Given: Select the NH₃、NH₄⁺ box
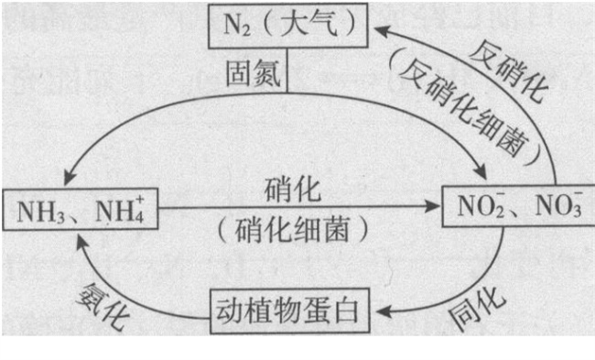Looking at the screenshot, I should [80, 210].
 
